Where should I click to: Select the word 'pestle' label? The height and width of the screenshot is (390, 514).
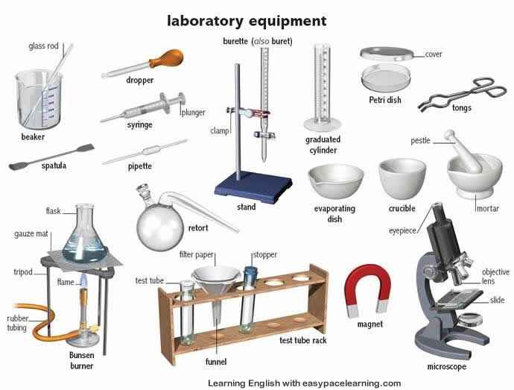coord(420,140)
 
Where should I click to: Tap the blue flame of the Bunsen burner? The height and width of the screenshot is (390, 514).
coord(83,280)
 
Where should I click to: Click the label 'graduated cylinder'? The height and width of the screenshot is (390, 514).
coord(323,145)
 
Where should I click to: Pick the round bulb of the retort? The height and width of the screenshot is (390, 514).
coord(160,227)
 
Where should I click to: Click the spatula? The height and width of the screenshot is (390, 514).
coord(51,157)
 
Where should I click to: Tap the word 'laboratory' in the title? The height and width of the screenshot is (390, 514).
coord(205,22)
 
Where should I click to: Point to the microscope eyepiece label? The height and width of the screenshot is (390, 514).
coord(402,230)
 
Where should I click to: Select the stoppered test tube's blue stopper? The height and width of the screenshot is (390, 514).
coord(251,272)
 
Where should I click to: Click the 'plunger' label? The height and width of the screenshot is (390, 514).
coord(194,113)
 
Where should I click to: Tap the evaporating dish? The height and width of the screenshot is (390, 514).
coord(336,180)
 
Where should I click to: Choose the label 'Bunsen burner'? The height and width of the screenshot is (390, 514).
coord(81,360)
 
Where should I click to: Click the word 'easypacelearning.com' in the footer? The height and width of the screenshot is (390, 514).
coord(352,383)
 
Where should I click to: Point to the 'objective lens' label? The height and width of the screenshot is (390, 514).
coord(495,277)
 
